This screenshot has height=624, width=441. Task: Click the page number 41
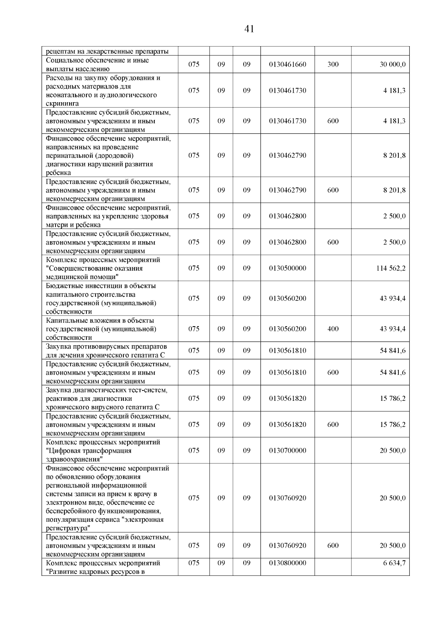(x=249, y=29)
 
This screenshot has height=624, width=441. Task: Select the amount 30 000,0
(x=392, y=64)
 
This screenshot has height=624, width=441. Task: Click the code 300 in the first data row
(x=333, y=64)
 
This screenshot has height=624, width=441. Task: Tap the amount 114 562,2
(x=391, y=268)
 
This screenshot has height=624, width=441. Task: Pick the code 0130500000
(x=287, y=268)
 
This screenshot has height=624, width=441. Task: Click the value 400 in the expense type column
(x=333, y=329)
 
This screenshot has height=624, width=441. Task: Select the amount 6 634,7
(x=394, y=563)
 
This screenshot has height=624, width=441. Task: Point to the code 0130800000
(x=287, y=563)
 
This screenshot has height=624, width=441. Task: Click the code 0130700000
(x=287, y=450)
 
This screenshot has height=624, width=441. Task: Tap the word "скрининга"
(x=62, y=104)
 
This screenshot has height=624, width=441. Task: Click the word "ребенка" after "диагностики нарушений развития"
(x=58, y=173)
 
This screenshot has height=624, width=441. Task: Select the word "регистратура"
(x=68, y=528)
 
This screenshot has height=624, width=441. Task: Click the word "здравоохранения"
(x=74, y=459)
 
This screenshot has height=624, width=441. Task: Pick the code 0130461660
(x=287, y=64)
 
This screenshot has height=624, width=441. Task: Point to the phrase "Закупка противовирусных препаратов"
(x=106, y=346)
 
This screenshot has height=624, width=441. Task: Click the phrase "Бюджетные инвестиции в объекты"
(x=101, y=286)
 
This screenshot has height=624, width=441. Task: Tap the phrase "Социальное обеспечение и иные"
(x=97, y=60)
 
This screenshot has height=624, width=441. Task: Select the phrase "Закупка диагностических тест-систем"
(x=107, y=390)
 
